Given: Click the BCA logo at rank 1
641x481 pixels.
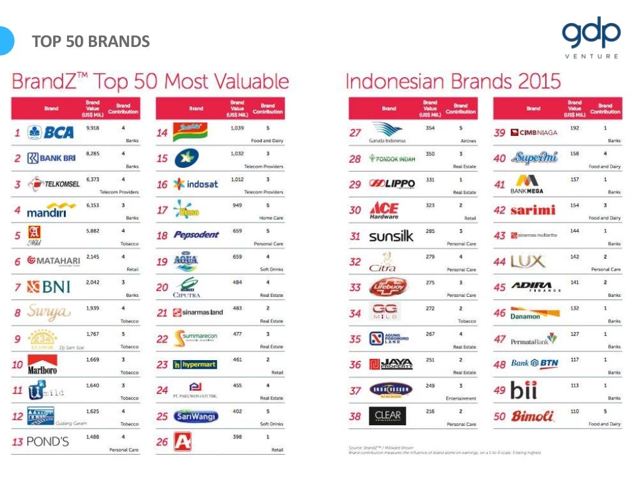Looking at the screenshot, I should (51, 133).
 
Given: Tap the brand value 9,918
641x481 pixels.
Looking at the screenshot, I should (92, 128).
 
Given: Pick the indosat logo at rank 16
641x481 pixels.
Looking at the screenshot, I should (196, 184).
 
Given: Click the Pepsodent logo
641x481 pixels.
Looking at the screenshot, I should (196, 235).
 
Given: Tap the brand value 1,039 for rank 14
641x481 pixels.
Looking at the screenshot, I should (237, 128).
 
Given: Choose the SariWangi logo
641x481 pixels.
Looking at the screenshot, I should (196, 416).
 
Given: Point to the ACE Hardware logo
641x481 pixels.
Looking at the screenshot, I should (384, 210).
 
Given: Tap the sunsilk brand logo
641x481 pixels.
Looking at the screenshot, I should (391, 236).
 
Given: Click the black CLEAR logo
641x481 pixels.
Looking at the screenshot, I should (387, 416).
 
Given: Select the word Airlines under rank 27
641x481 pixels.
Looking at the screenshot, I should (468, 141).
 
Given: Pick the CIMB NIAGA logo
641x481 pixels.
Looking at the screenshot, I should (534, 133).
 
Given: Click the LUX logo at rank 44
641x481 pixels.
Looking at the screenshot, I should (528, 261).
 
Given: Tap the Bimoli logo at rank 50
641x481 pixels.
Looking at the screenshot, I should (533, 416).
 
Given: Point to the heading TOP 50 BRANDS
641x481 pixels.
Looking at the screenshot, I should (91, 42).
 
